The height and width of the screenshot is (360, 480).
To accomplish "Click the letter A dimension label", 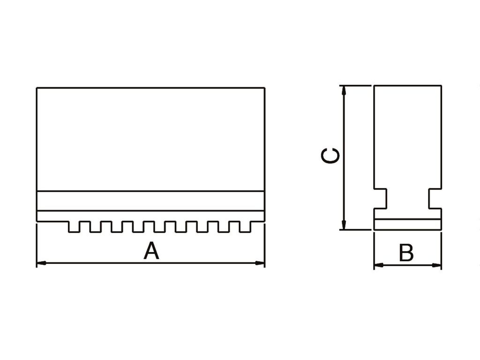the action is (x=151, y=251).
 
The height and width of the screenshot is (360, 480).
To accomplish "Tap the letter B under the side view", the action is (x=406, y=253).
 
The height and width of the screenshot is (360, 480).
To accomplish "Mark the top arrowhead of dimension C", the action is (x=345, y=90).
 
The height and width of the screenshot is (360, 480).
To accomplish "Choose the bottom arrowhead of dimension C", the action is (x=345, y=226).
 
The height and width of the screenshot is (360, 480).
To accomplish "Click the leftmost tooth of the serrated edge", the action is (x=74, y=226).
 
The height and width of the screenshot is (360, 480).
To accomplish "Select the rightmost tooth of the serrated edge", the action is (x=246, y=226).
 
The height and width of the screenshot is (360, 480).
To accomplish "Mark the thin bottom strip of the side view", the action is (x=407, y=225).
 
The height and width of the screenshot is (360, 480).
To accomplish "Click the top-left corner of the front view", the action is (x=37, y=88).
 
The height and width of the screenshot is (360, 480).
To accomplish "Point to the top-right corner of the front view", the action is (x=264, y=88).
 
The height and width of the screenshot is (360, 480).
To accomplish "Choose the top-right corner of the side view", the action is (x=441, y=86).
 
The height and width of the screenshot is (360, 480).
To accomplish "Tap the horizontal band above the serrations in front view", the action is (x=150, y=201).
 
